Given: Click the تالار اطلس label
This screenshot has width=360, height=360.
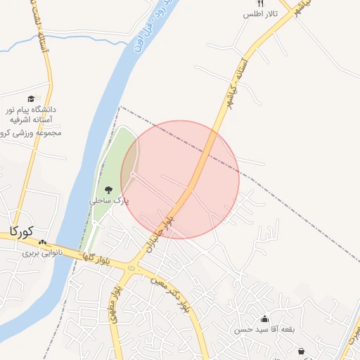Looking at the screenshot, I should (x=261, y=14).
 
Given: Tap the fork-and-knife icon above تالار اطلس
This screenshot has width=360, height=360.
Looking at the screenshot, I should (x=261, y=4).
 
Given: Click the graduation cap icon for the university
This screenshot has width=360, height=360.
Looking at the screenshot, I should (x=30, y=99).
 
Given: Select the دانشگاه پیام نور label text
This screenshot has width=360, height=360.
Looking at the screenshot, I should (x=31, y=110).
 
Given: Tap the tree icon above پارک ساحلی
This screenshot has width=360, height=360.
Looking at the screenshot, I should (x=108, y=190).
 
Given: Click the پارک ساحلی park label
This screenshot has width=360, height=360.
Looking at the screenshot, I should (x=109, y=200).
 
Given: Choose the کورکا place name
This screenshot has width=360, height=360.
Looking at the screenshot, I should (x=22, y=231).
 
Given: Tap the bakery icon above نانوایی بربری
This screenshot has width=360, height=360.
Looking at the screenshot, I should (x=52, y=241).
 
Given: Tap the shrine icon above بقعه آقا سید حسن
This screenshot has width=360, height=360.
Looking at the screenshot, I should (x=264, y=319).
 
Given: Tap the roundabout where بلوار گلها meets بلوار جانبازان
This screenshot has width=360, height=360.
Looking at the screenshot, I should (x=131, y=267).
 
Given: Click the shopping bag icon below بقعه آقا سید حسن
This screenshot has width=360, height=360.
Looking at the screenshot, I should (x=302, y=351).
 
